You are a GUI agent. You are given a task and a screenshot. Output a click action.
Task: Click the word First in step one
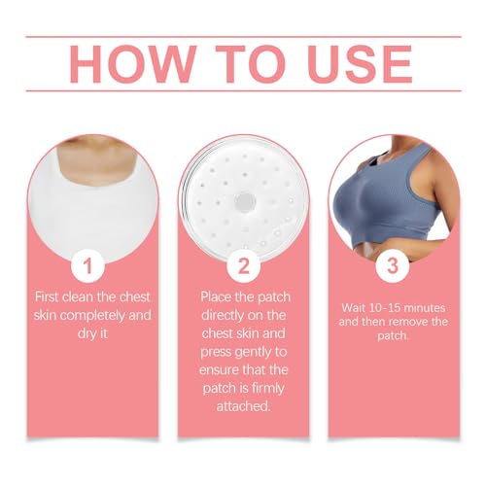pyautogui.click(x=51, y=295)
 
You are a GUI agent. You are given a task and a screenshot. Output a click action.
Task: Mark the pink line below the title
pyautogui.click(x=243, y=91)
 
